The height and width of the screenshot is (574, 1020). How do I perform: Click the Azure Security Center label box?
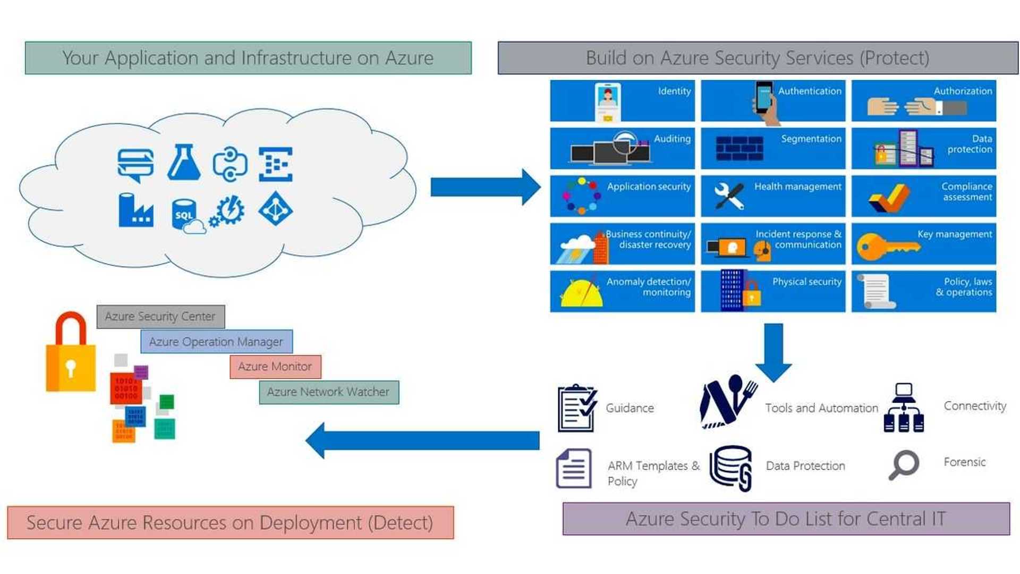(160, 317)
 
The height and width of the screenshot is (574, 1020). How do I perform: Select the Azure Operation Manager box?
(216, 342)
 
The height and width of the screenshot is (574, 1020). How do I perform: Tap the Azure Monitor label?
(275, 367)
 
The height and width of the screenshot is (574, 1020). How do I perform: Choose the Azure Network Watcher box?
(328, 392)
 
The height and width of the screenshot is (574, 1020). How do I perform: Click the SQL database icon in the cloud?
(185, 214)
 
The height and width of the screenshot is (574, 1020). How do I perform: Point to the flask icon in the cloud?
(184, 162)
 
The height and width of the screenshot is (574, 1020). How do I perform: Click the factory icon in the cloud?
(136, 210)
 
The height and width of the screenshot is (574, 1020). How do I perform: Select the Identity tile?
(622, 101)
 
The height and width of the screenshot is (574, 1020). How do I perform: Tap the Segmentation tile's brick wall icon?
(739, 148)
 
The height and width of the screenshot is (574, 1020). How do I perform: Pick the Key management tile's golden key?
(886, 247)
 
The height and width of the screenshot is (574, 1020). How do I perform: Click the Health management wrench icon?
(729, 196)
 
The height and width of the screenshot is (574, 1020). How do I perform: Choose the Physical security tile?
(773, 291)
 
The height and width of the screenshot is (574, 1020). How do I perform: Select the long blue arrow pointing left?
(423, 441)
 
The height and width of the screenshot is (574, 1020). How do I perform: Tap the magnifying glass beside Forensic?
(903, 464)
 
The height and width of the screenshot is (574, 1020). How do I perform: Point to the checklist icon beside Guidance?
(577, 408)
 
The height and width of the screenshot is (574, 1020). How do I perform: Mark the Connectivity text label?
(975, 406)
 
